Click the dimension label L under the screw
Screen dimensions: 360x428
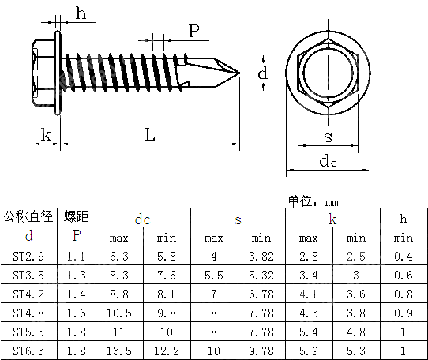coord(149,134)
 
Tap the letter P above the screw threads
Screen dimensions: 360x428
coord(193,31)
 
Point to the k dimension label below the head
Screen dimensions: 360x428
coord(46,135)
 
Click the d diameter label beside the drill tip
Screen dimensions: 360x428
coord(263,73)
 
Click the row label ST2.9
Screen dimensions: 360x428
coord(28,256)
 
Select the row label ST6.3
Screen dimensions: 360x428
coord(28,350)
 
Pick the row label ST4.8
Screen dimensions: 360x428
coord(28,312)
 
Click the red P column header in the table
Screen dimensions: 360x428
coord(76,236)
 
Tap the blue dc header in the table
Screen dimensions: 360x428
coord(142,219)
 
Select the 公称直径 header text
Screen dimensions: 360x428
coord(28,216)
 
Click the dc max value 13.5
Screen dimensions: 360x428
coord(118,350)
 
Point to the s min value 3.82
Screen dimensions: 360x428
coord(261,256)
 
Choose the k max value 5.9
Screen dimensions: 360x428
coord(309,350)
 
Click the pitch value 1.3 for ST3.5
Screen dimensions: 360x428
coord(76,275)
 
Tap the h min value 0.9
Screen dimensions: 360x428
coord(403,312)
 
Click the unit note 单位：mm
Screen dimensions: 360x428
coord(313,201)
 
